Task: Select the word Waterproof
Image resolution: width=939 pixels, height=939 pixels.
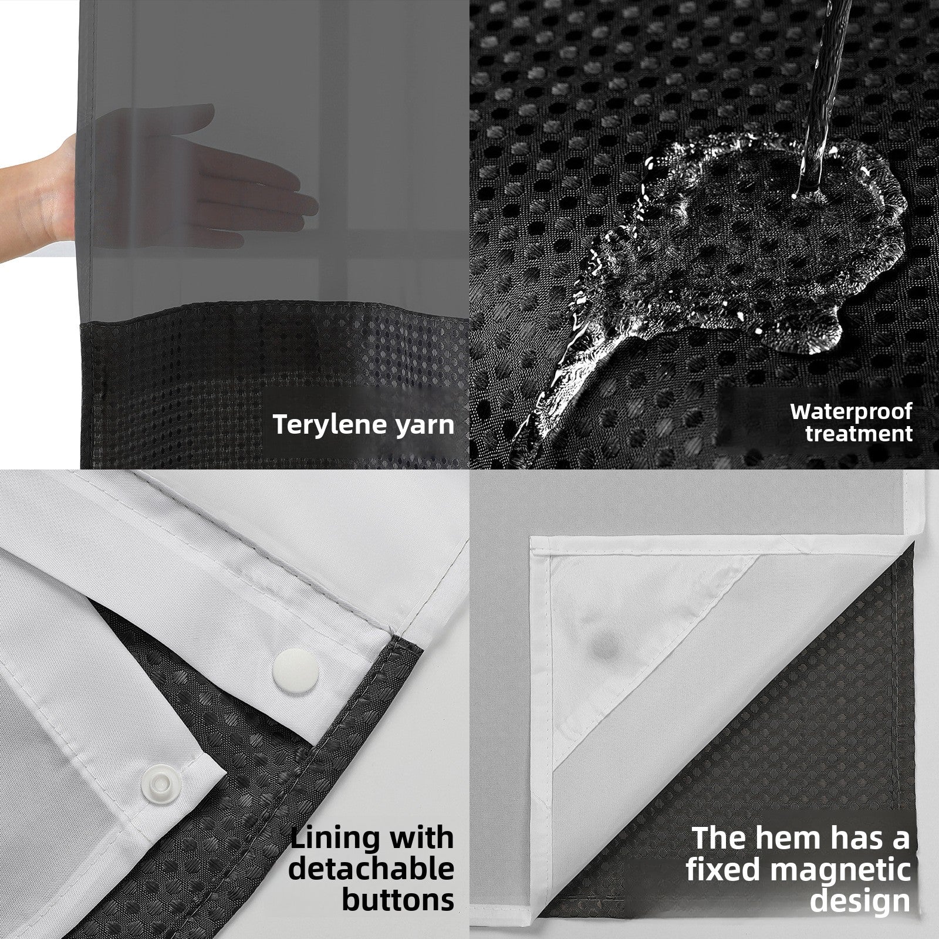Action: pyautogui.click(x=851, y=411)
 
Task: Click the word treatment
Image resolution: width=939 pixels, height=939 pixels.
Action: pyautogui.click(x=859, y=434)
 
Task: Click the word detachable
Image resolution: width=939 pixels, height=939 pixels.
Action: pyautogui.click(x=371, y=869)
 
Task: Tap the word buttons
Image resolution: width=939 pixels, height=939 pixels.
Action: pyautogui.click(x=398, y=900)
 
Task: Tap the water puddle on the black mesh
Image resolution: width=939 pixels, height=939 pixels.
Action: pyautogui.click(x=745, y=235)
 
